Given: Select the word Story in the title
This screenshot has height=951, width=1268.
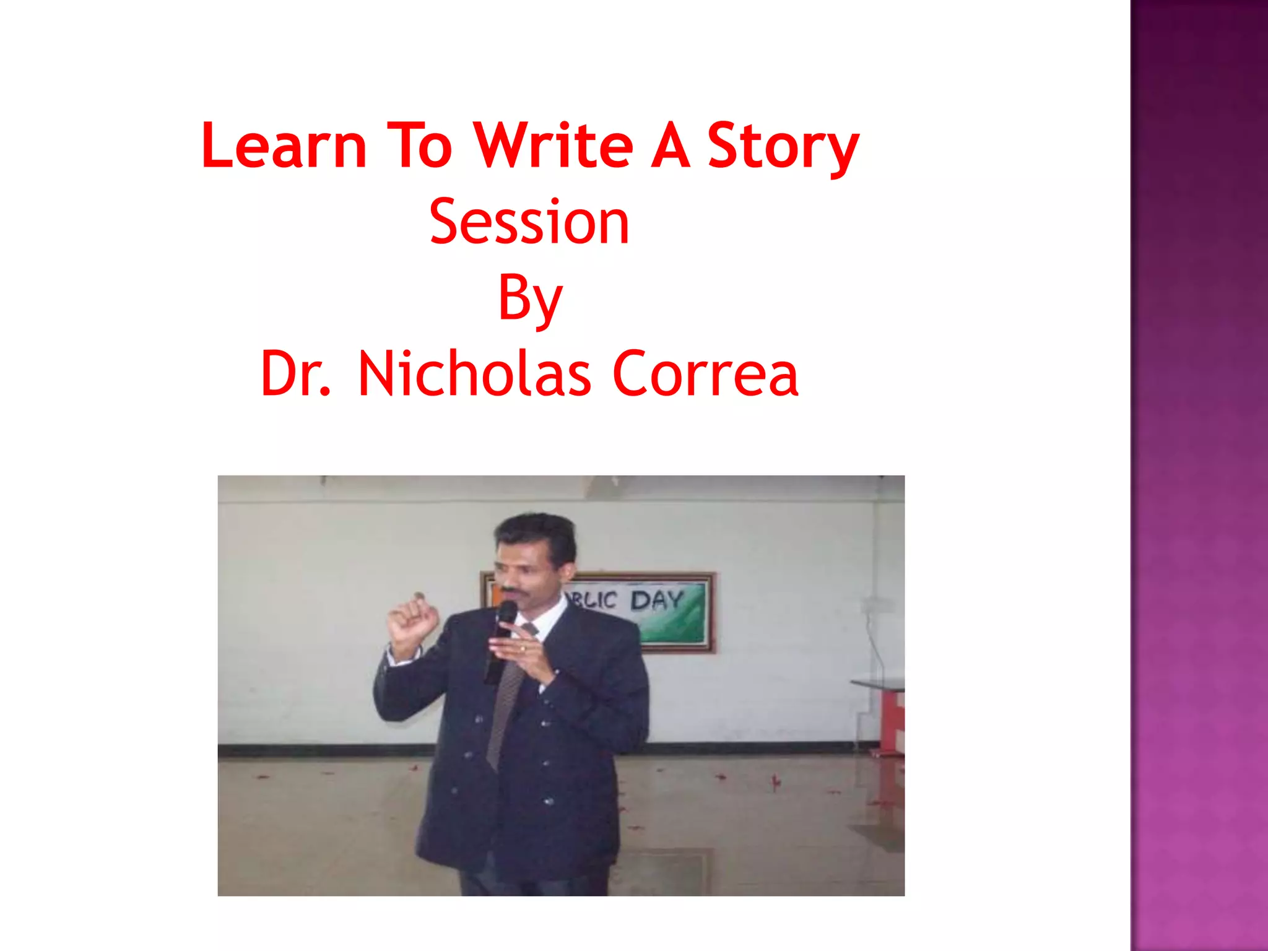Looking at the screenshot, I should pyautogui.click(x=783, y=147).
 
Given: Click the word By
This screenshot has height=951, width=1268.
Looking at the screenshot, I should pyautogui.click(x=530, y=300).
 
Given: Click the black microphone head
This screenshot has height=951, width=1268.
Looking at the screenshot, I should pyautogui.click(x=507, y=612).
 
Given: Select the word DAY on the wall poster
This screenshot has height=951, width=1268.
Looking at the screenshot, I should pyautogui.click(x=656, y=601).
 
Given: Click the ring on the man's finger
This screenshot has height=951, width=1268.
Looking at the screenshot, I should pyautogui.click(x=522, y=648).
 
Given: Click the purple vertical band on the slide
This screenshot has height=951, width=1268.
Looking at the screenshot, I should pyautogui.click(x=1199, y=475).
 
